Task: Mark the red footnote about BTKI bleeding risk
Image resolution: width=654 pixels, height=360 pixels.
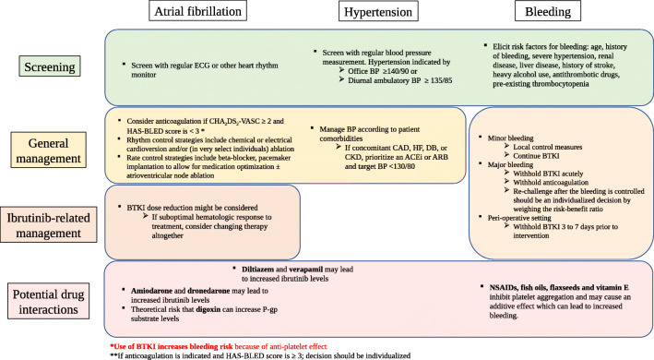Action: pos(213,343)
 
